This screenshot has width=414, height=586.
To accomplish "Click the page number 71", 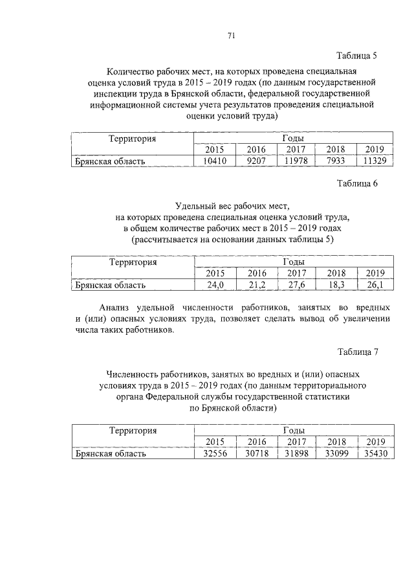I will click(231, 36).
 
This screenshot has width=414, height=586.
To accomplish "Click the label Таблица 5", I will click(357, 56).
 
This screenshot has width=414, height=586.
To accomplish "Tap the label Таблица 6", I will click(357, 183).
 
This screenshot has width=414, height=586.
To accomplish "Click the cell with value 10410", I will click(215, 161).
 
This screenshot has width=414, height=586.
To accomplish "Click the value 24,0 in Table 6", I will click(215, 284).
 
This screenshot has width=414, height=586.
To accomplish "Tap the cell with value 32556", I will click(215, 453).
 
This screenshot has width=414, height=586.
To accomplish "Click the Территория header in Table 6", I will click(133, 262).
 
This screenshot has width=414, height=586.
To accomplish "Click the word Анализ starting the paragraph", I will click(116, 306).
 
